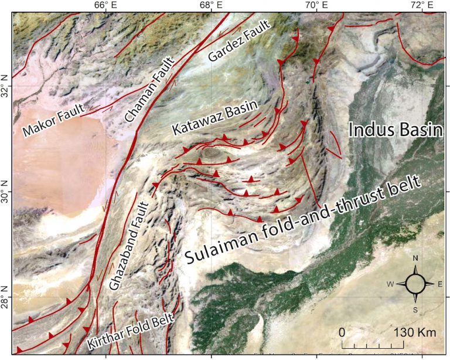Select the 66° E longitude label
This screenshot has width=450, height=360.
[x=103, y=5]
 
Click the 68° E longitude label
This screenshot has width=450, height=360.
[x=210, y=5]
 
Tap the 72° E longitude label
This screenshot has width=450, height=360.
[x=423, y=5]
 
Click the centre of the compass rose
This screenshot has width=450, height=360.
[x=416, y=284]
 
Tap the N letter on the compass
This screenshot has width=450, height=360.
[x=416, y=258]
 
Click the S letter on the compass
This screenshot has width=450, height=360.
[x=416, y=310]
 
